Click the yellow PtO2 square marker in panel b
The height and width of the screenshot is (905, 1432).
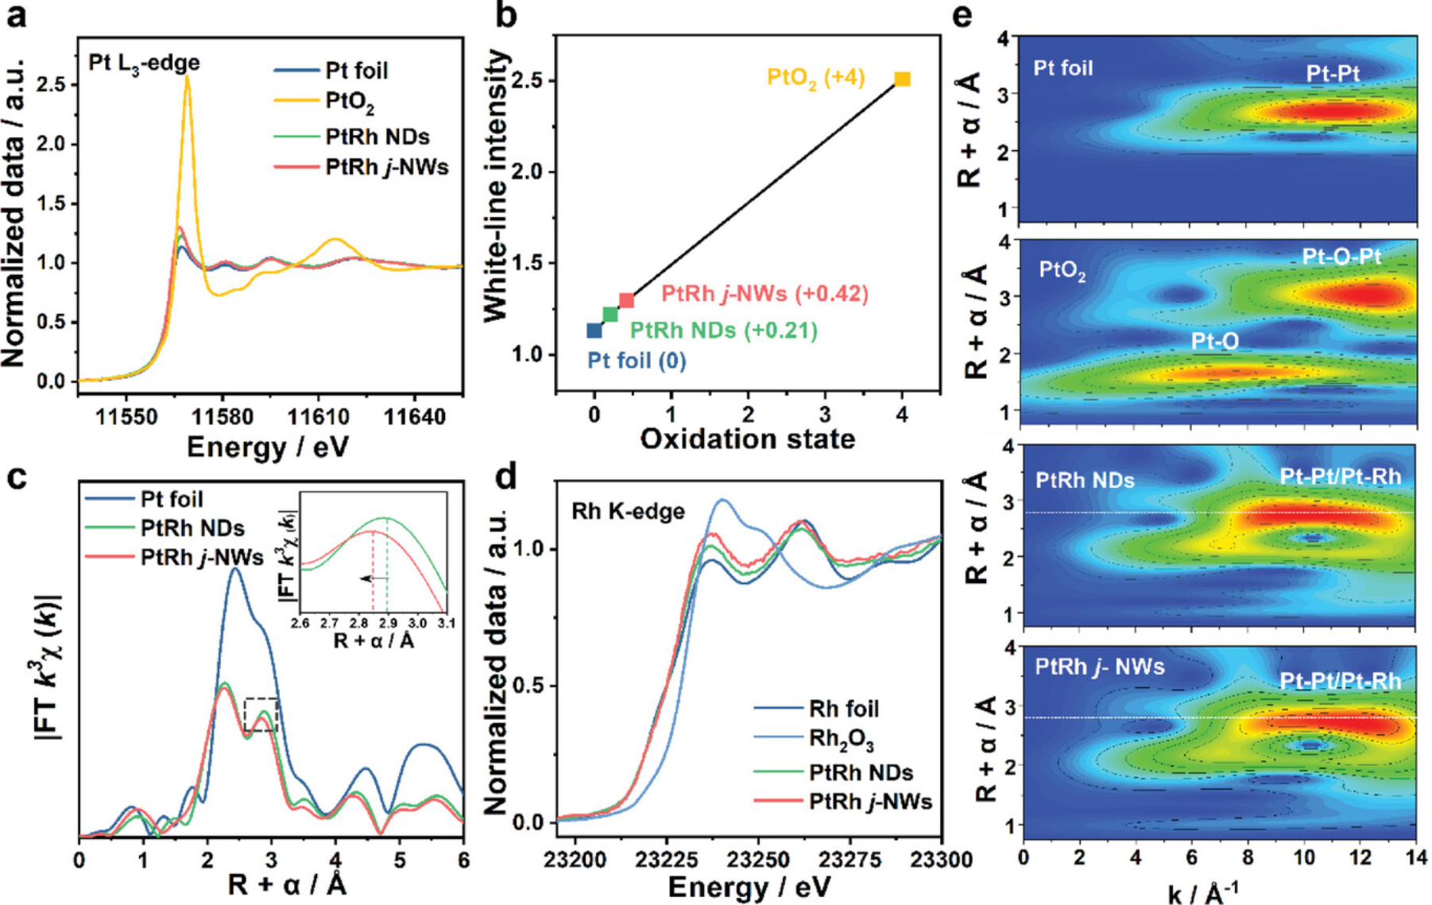pyautogui.click(x=902, y=79)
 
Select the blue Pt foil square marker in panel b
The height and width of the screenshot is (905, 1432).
pyautogui.click(x=594, y=331)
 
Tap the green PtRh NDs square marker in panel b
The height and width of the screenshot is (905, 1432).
pyautogui.click(x=610, y=315)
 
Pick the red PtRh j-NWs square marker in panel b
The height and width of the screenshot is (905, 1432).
pyautogui.click(x=627, y=300)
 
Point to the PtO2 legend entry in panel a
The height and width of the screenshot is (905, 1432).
pyautogui.click(x=350, y=103)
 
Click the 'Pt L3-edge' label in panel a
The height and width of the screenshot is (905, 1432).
pyautogui.click(x=144, y=64)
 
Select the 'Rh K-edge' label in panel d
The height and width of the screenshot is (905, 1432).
pyautogui.click(x=628, y=512)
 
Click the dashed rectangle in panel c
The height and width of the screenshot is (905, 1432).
pyautogui.click(x=261, y=714)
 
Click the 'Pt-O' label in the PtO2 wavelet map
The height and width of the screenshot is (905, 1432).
pyautogui.click(x=1214, y=342)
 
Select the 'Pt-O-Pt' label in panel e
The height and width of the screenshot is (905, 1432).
pyautogui.click(x=1341, y=257)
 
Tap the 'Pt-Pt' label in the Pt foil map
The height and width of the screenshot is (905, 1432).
pyautogui.click(x=1332, y=74)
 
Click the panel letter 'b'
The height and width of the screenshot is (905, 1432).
pyautogui.click(x=505, y=16)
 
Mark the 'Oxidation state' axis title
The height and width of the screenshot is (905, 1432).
pyautogui.click(x=747, y=439)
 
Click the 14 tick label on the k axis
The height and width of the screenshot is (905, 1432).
pyautogui.click(x=1415, y=858)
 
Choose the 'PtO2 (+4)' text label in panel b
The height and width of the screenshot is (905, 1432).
pyautogui.click(x=815, y=78)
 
